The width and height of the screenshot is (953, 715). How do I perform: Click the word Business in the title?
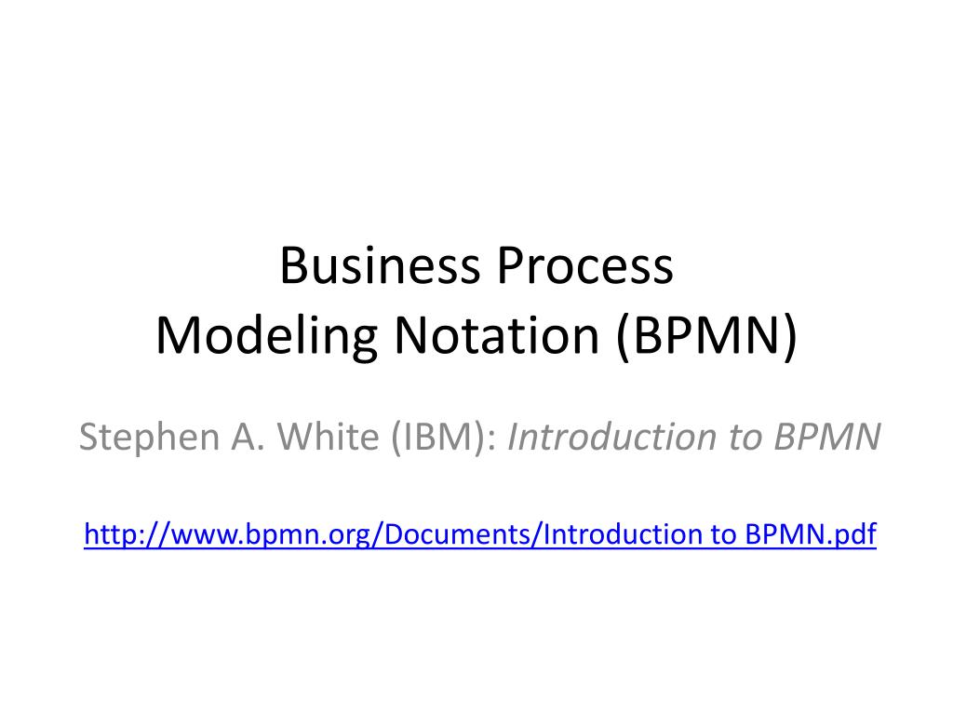click(379, 266)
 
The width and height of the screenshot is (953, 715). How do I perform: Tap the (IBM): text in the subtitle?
click(437, 436)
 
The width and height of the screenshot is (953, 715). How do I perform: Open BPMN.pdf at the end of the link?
click(811, 534)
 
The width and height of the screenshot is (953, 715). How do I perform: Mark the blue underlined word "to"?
click(725, 534)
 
